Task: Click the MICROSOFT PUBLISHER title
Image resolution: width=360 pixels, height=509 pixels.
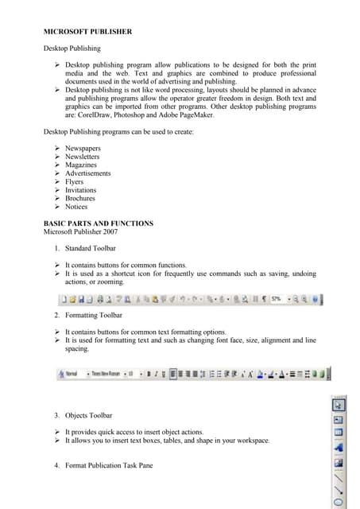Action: click(x=87, y=32)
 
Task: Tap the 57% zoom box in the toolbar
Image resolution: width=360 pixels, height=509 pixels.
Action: click(x=277, y=299)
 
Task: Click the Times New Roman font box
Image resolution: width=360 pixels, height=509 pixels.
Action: click(x=106, y=373)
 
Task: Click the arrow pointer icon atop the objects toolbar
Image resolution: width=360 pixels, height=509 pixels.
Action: click(x=339, y=405)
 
